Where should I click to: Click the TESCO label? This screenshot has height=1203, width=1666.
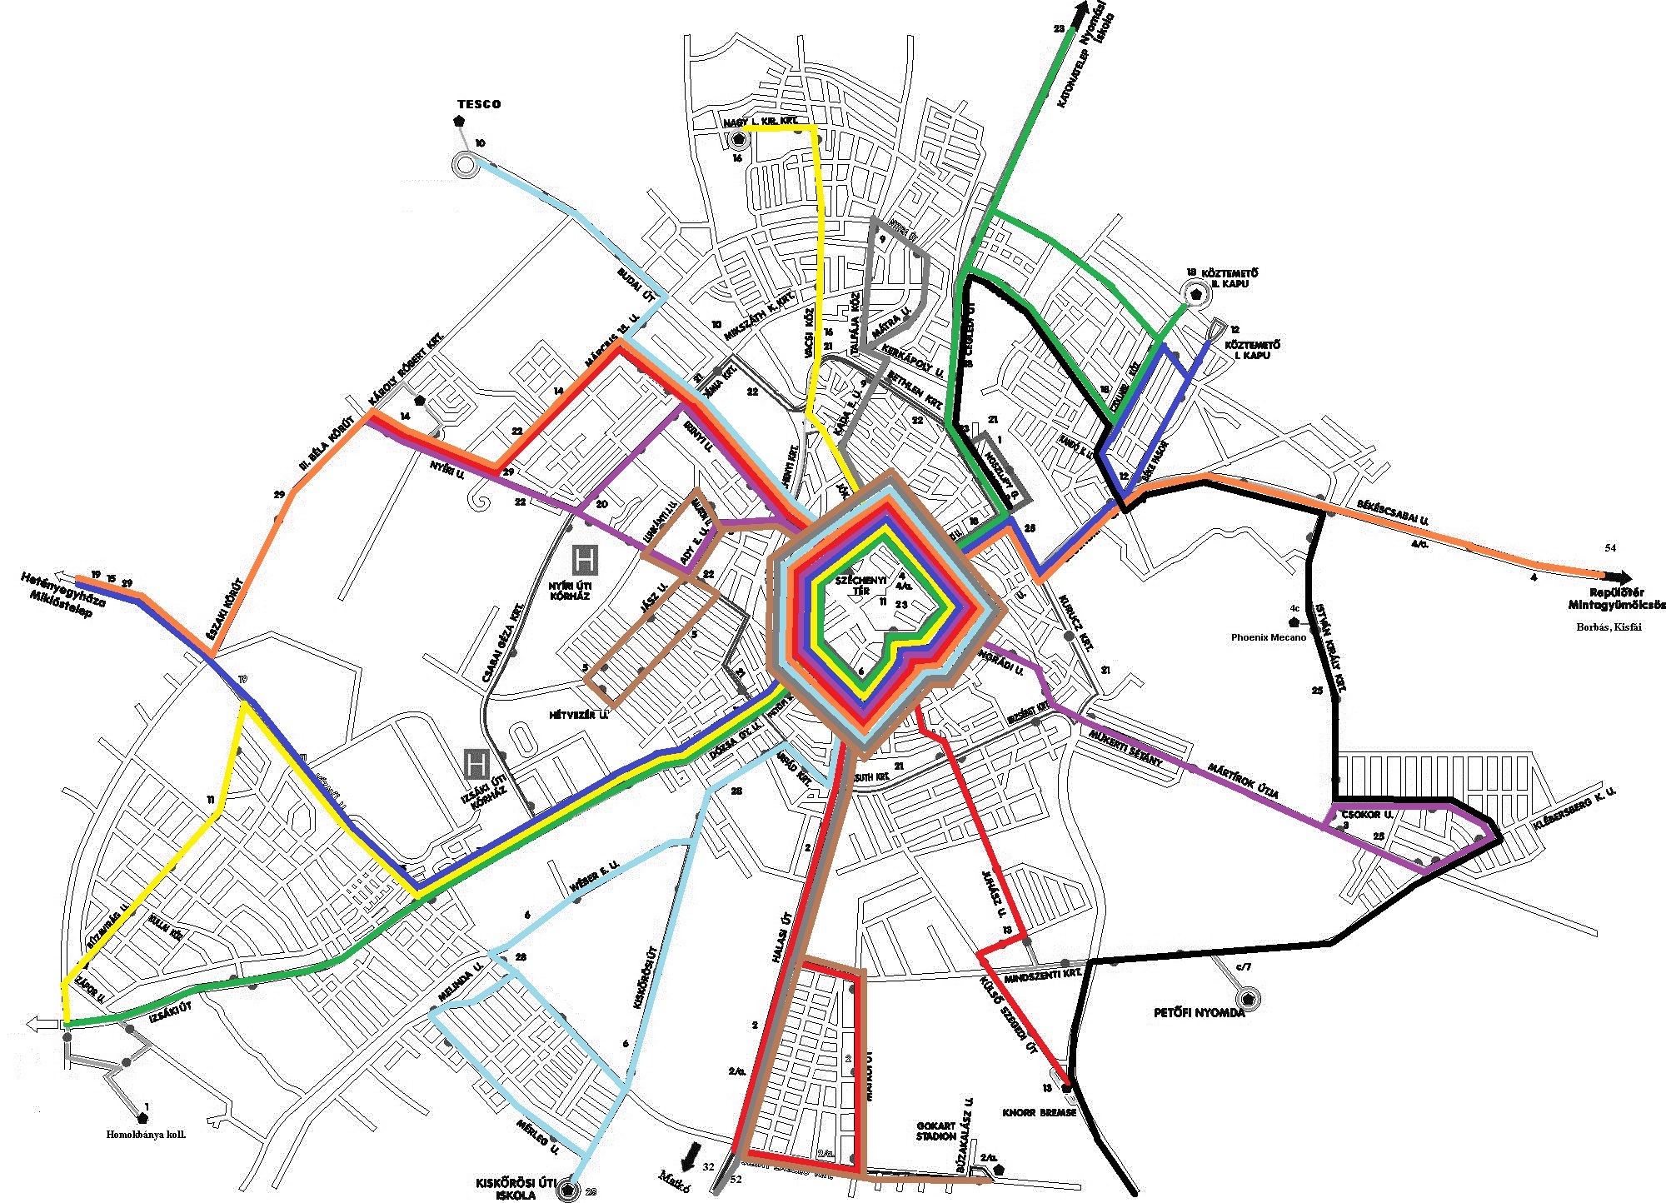[x=479, y=104]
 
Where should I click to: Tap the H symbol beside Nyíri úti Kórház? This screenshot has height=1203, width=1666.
[x=585, y=560]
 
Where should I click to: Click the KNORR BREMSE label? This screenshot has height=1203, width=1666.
[x=1039, y=1112]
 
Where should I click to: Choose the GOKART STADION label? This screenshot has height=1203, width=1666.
[x=936, y=1131]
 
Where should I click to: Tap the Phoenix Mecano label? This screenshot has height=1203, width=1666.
[x=1268, y=637]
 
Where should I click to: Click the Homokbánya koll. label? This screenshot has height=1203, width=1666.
[x=146, y=1135]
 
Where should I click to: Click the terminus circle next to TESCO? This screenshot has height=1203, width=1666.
[x=464, y=165]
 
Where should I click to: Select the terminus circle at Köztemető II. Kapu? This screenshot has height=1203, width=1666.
[x=1197, y=293]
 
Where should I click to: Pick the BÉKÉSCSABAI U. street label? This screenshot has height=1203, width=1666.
[x=1392, y=512]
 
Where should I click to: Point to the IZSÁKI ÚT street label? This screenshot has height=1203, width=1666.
[x=171, y=1012]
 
